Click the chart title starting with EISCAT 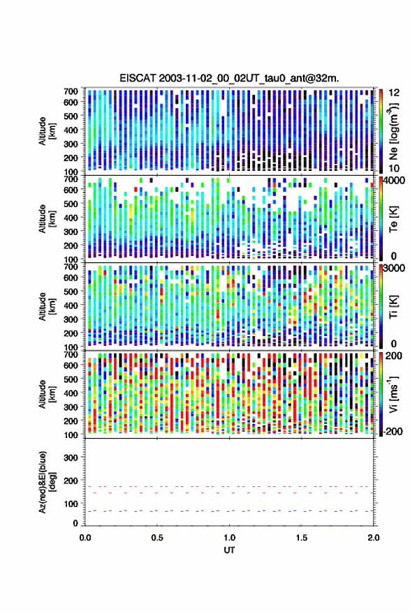[x=230, y=78]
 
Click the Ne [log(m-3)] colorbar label [x=393, y=132]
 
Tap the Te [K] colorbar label [x=393, y=219]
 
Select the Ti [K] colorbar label [x=393, y=307]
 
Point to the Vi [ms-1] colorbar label [x=393, y=394]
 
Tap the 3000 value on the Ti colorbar [x=394, y=268]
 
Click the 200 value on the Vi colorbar [x=394, y=356]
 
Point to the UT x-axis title [x=230, y=550]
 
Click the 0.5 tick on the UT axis [x=157, y=538]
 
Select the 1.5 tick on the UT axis [x=302, y=538]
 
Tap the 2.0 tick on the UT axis [x=374, y=538]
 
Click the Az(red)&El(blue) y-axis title [x=46, y=482]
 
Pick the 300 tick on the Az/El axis [x=71, y=457]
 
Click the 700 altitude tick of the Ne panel [x=71, y=91]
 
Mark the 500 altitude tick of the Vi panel [x=71, y=379]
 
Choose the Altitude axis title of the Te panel [x=46, y=218]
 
